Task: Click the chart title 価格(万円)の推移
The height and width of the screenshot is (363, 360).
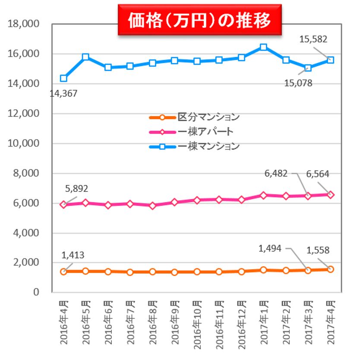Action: click(x=199, y=20)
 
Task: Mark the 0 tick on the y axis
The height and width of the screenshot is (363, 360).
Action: click(x=36, y=293)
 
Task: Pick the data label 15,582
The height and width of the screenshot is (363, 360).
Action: click(x=313, y=39)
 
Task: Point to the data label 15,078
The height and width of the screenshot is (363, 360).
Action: click(x=297, y=83)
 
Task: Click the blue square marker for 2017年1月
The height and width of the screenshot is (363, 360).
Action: click(x=263, y=47)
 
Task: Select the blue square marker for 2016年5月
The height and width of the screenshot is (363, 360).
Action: click(x=85, y=57)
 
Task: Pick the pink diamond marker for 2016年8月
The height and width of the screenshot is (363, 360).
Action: click(x=152, y=206)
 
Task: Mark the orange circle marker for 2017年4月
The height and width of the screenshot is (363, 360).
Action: click(x=330, y=269)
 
